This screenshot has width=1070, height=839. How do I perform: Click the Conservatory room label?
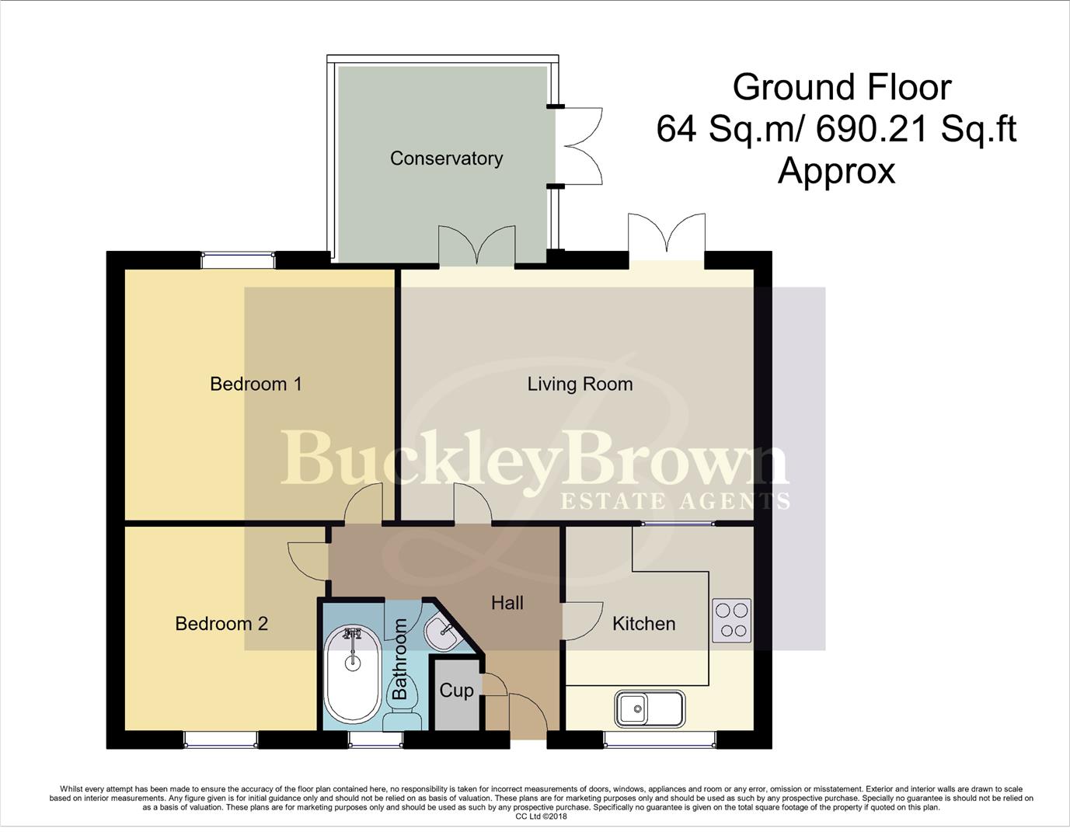point(446,158)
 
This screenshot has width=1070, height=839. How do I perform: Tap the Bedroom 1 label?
point(256,384)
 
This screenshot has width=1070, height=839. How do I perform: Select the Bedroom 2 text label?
point(221,624)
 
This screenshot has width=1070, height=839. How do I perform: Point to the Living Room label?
point(580,384)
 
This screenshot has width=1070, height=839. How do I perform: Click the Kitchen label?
point(643,624)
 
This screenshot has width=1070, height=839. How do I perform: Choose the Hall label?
point(507,603)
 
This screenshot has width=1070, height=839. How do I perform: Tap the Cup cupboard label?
point(456,691)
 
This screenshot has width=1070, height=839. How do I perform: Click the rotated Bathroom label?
point(400,659)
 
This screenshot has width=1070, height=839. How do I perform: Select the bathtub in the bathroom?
point(353,674)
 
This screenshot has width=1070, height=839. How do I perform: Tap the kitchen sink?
point(650,708)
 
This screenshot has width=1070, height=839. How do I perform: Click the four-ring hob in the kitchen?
point(731,621)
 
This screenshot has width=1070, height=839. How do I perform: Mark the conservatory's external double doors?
point(580,145)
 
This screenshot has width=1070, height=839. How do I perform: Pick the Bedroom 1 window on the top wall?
point(238,259)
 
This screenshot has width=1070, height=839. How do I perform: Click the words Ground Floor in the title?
point(842,87)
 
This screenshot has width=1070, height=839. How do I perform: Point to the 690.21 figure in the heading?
point(872,129)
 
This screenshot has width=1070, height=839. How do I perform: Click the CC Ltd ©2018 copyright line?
point(541,816)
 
